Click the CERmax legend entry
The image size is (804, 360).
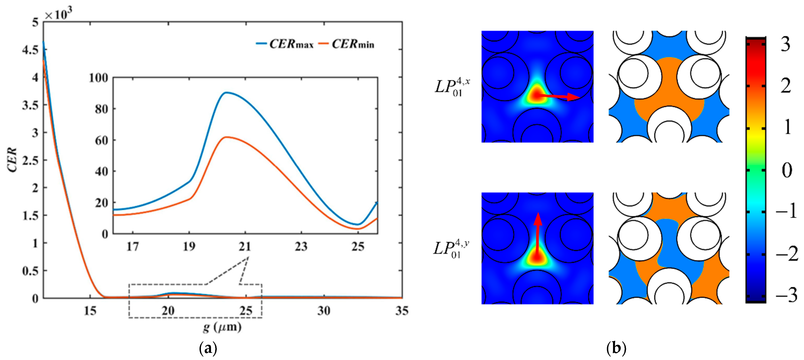(285, 44)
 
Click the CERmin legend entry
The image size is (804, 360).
(346, 44)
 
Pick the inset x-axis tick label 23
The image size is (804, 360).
(301, 247)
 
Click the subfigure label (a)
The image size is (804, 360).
(208, 348)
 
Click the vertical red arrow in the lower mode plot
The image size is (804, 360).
(537, 234)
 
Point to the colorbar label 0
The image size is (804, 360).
(787, 170)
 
